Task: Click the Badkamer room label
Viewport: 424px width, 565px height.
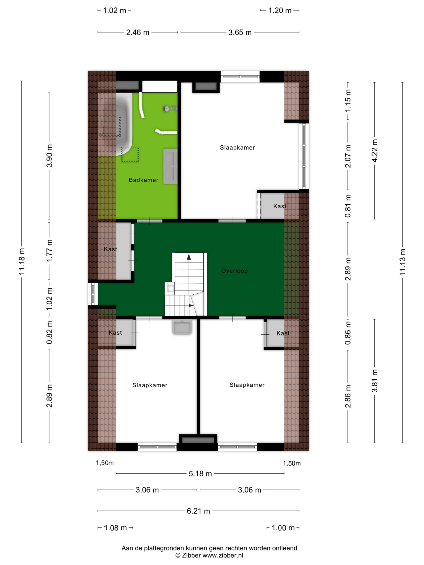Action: pyautogui.click(x=143, y=180)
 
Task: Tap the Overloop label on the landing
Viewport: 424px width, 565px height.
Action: pyautogui.click(x=234, y=271)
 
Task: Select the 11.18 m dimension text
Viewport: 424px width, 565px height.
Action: pyautogui.click(x=21, y=262)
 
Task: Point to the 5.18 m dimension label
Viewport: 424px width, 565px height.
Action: pyautogui.click(x=200, y=474)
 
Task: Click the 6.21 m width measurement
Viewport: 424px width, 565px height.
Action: pyautogui.click(x=198, y=511)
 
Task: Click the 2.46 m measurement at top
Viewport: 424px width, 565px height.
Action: pyautogui.click(x=138, y=32)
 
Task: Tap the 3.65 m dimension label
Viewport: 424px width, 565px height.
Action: pyautogui.click(x=240, y=32)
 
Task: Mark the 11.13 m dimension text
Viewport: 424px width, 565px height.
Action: pyautogui.click(x=403, y=262)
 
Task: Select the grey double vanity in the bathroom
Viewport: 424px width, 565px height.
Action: pyautogui.click(x=170, y=166)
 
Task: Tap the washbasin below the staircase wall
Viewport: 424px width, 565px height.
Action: pyautogui.click(x=182, y=327)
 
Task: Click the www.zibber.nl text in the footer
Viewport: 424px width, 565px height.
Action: pyautogui.click(x=223, y=555)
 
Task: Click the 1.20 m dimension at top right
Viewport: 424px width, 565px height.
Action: pyautogui.click(x=280, y=10)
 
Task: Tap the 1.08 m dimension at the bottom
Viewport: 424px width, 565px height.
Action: pyautogui.click(x=115, y=528)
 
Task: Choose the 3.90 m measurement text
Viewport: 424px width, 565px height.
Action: pyautogui.click(x=49, y=156)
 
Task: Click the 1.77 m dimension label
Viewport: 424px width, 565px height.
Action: pyautogui.click(x=49, y=250)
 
